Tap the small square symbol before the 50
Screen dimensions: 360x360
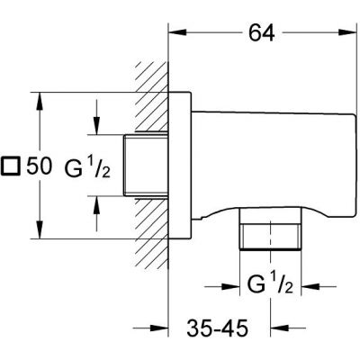(12, 166)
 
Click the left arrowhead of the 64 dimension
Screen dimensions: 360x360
(176, 33)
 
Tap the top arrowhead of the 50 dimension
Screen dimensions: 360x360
(38, 95)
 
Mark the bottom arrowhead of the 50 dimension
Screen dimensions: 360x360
(38, 236)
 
